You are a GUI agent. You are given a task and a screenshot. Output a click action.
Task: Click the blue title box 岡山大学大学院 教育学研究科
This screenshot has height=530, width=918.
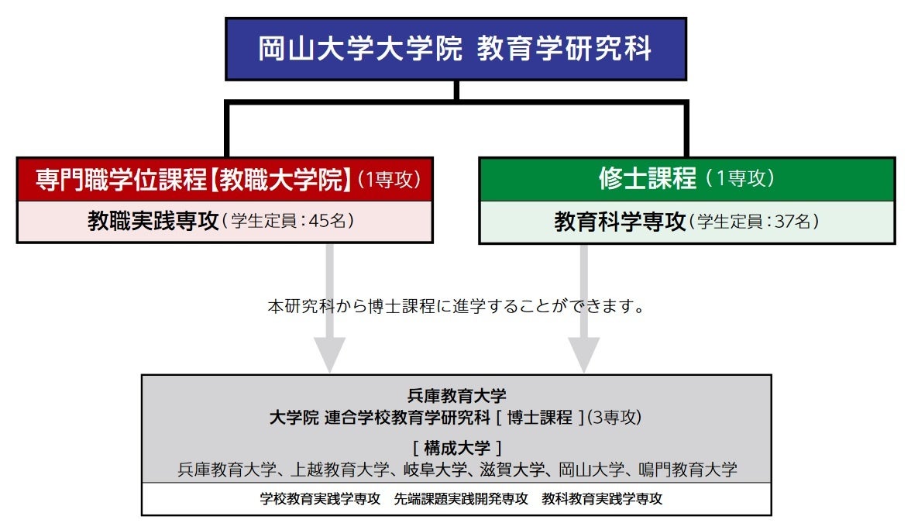point(456,49)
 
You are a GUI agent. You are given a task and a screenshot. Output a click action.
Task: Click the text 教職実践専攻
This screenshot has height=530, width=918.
point(153,221)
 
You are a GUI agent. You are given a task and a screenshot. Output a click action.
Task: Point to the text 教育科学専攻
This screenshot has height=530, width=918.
point(620,222)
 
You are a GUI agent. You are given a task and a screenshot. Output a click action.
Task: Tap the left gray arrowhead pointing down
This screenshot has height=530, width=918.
point(329,355)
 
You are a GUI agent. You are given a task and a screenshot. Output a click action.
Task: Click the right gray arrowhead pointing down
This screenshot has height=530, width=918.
point(584,355)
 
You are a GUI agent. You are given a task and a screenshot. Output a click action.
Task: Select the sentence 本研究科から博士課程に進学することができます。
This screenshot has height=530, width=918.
point(456,306)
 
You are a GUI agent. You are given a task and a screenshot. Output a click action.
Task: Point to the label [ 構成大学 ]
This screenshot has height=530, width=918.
point(456,448)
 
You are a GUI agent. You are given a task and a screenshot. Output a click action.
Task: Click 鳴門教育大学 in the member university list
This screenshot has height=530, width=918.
point(687,469)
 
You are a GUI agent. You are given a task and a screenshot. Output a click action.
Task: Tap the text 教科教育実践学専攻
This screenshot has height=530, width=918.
point(602,499)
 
